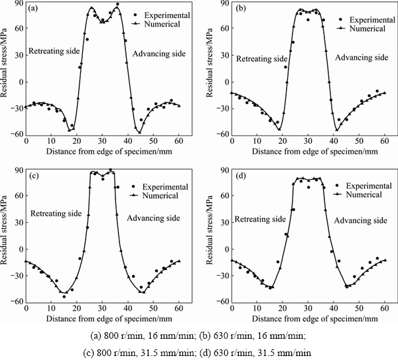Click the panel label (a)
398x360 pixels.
tap(33, 10)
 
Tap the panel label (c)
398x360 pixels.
tap(33, 175)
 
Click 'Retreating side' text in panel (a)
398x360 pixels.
tap(54, 50)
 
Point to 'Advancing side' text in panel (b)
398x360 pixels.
tap(361, 58)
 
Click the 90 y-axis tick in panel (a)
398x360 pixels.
tap(17, 6)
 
